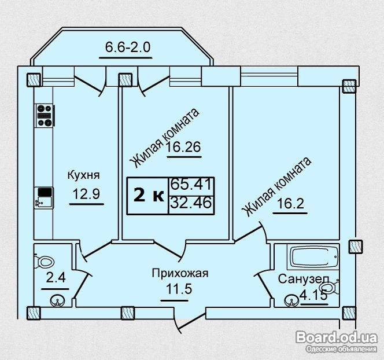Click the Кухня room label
point(83,175)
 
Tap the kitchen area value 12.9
point(87,194)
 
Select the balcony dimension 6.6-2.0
point(128,47)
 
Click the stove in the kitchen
point(45,115)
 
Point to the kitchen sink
point(43,197)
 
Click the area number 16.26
point(184,147)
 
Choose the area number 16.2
point(291,203)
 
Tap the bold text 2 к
point(149,196)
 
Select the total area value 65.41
point(191,184)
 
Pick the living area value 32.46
point(191,203)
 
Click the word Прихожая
point(180,273)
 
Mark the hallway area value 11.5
point(179,289)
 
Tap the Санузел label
point(304,279)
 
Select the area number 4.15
point(313,295)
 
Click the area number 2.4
point(56,278)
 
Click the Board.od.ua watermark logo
point(336,337)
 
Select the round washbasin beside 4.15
point(291,301)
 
